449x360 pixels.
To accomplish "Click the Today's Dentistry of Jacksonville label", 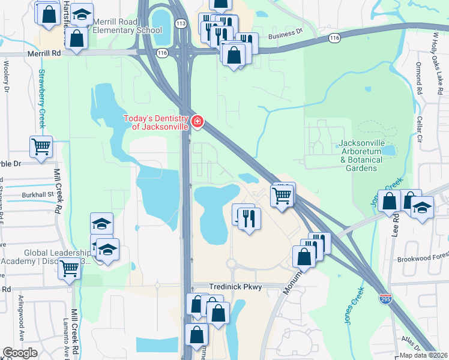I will (x=156, y=122).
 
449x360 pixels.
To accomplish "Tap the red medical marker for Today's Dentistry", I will (x=197, y=122).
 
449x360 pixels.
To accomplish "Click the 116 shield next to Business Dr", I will (x=335, y=38).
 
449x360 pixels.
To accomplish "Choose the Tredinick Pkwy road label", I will (x=235, y=287).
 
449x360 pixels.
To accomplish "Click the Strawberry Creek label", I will (x=42, y=99).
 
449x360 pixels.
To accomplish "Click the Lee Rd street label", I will (x=396, y=223).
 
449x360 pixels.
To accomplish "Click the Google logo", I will (x=20, y=353).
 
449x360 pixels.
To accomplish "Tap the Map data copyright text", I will (x=423, y=355).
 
